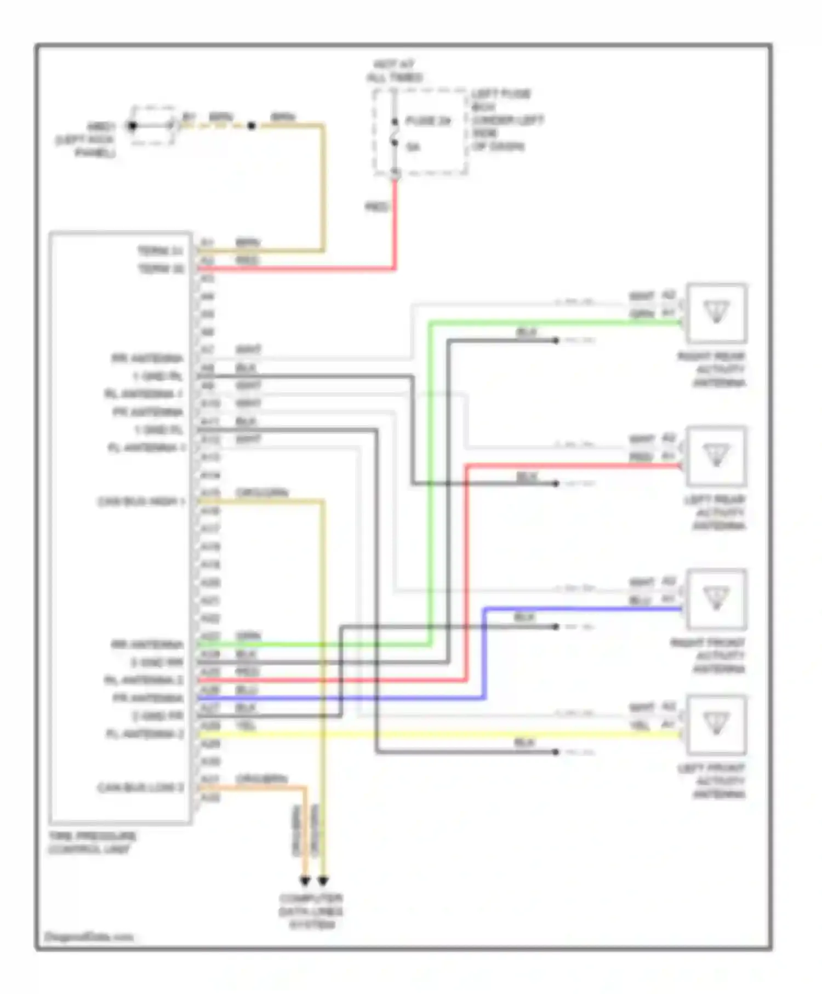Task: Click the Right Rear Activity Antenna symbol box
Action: pyautogui.click(x=716, y=313)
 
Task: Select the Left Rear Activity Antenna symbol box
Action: pyautogui.click(x=716, y=456)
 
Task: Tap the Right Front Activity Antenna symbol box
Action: pyautogui.click(x=716, y=599)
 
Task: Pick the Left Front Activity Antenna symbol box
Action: pyautogui.click(x=716, y=724)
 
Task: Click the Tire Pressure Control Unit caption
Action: pyautogui.click(x=92, y=843)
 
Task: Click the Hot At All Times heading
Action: pyautogui.click(x=395, y=71)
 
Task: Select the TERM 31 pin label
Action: pyautogui.click(x=159, y=251)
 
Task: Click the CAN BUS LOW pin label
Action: pyautogui.click(x=140, y=788)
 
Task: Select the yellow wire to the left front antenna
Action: pyautogui.click(x=438, y=734)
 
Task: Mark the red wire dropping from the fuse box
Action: pyautogui.click(x=395, y=225)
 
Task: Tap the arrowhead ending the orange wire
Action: pyautogui.click(x=305, y=881)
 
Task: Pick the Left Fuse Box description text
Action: pyautogui.click(x=507, y=119)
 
